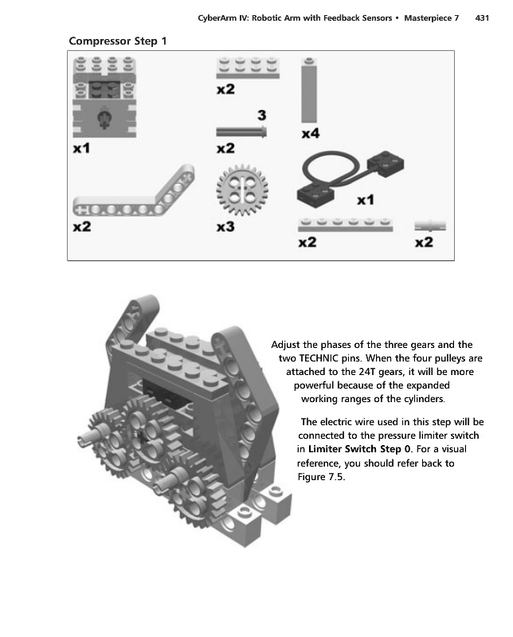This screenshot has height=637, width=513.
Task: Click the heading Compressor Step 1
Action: click(x=117, y=41)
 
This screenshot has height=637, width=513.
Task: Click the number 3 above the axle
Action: click(x=261, y=115)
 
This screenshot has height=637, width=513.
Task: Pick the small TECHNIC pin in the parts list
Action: click(x=430, y=225)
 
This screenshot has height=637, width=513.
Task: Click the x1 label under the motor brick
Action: click(x=81, y=148)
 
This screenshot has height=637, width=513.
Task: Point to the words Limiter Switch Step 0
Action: click(x=360, y=449)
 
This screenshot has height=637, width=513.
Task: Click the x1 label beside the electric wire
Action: click(x=366, y=199)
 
